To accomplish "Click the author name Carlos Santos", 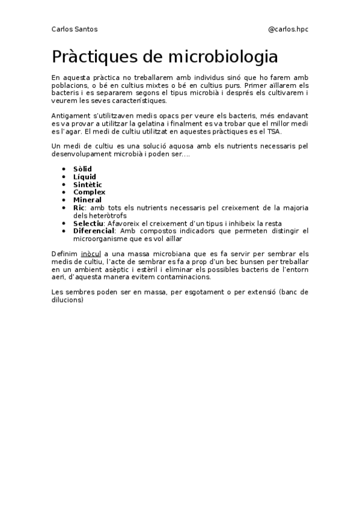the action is coord(75,29).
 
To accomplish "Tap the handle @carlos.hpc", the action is coord(288,29).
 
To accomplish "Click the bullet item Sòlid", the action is coord(82,169).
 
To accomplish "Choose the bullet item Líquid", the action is coord(84,177).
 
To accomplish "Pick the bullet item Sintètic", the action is coord(88,185).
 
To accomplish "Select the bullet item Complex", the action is coord(89,192).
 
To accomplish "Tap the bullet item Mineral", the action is coord(87,200).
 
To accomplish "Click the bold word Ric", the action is coord(79,207).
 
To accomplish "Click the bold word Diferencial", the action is coord(93,231).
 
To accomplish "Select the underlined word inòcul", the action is coord(92,254).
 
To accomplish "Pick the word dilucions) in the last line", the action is coord(67,300).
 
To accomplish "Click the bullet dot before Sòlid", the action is coord(64,170).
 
